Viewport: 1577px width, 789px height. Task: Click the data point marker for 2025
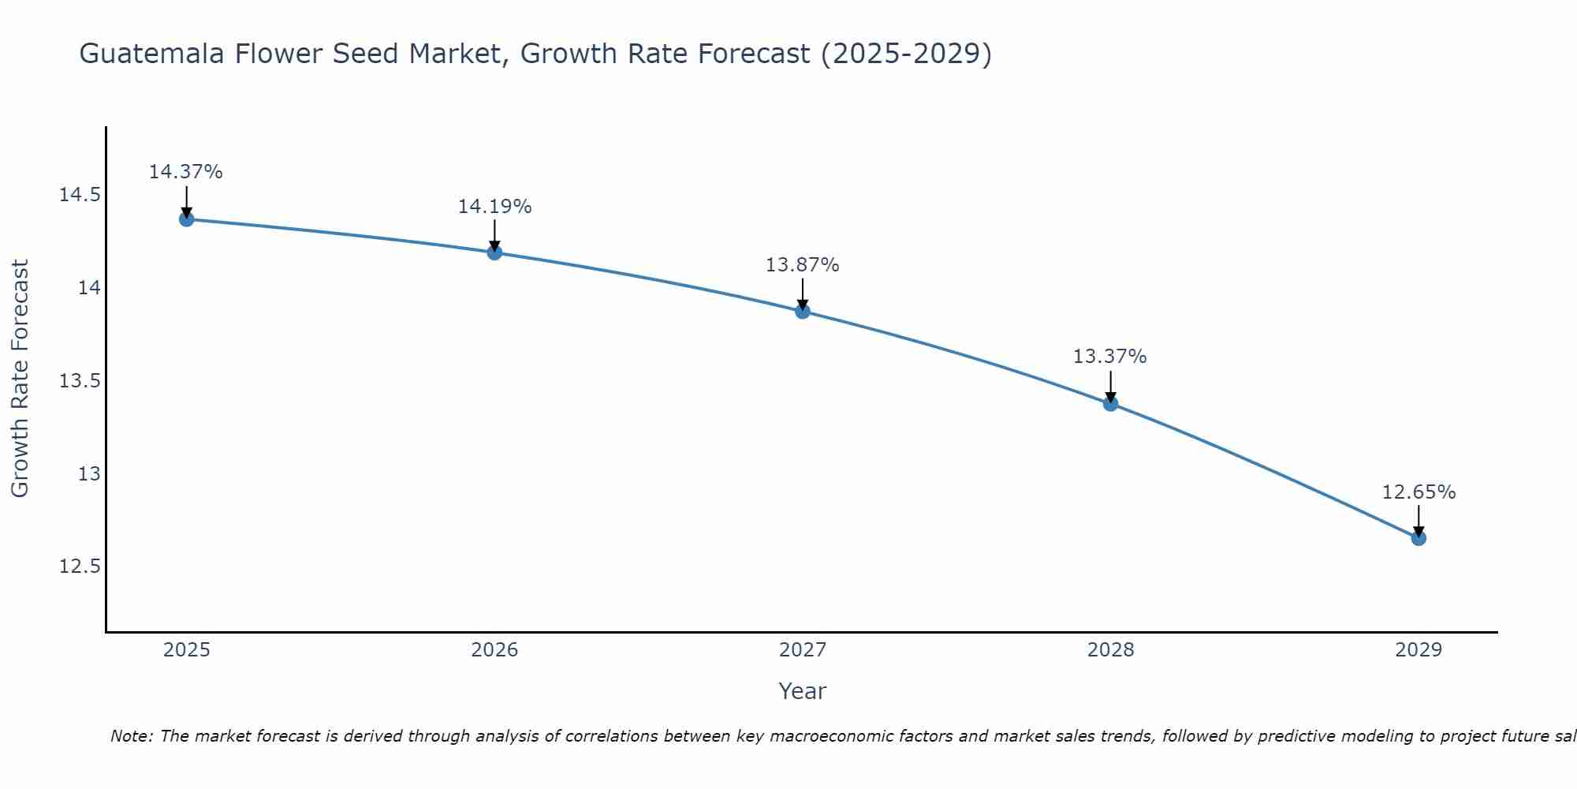(187, 219)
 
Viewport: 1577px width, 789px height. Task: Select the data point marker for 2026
(494, 252)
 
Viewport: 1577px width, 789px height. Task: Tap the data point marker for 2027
(803, 311)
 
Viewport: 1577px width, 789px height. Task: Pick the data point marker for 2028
(1110, 403)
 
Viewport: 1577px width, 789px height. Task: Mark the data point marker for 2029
(1419, 538)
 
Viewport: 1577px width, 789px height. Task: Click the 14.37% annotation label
(186, 172)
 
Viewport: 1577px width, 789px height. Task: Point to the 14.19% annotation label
(494, 207)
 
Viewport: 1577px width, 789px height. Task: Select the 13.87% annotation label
(803, 265)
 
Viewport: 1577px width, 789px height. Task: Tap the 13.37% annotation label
(1109, 357)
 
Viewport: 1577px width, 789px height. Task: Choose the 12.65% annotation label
(1419, 492)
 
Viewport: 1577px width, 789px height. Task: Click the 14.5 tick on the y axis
(80, 195)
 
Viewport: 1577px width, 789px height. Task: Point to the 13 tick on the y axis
(89, 473)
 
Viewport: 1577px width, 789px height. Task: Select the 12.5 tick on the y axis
(80, 567)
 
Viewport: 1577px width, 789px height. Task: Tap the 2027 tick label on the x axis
(803, 650)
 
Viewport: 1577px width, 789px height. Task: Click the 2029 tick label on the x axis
(1419, 650)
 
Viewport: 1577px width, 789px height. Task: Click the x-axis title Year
(803, 691)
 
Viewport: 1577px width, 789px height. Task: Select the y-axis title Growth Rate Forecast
(20, 379)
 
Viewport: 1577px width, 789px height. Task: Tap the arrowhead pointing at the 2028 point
(1110, 397)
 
